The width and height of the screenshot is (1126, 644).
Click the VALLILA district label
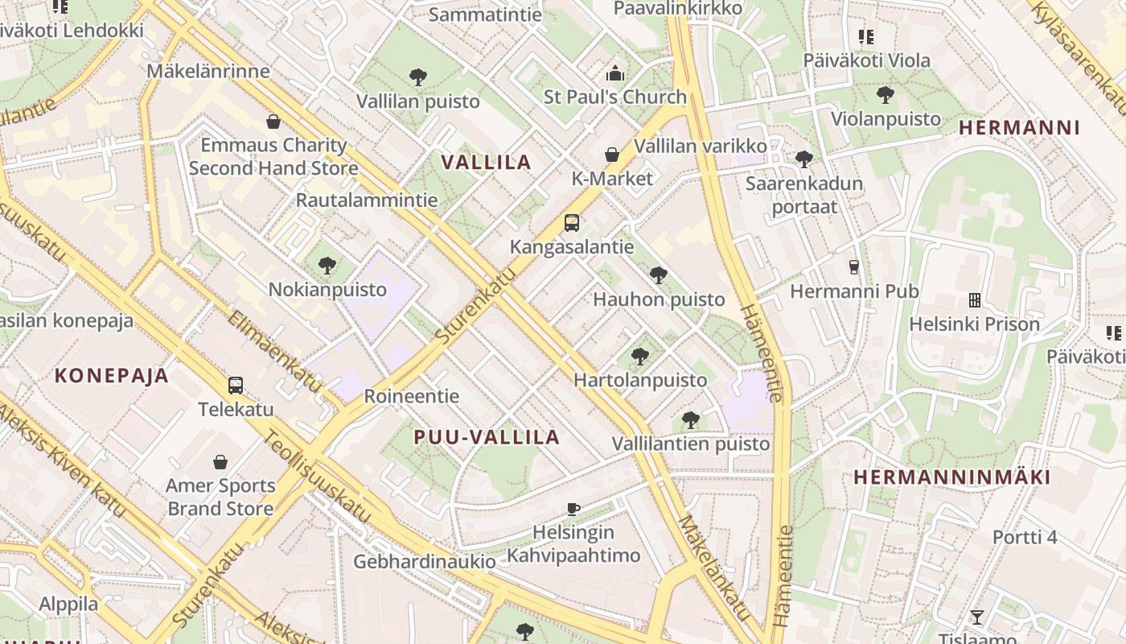click(x=487, y=162)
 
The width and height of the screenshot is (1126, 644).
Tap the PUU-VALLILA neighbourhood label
click(x=487, y=437)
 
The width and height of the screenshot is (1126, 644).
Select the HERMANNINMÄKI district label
click(x=952, y=477)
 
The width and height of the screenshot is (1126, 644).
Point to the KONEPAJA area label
click(x=112, y=375)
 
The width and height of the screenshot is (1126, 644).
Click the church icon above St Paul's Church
click(x=615, y=74)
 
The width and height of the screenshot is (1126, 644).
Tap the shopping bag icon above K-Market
click(x=612, y=155)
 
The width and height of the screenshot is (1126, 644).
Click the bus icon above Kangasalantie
click(x=572, y=223)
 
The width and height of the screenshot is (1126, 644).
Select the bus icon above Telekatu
click(x=236, y=385)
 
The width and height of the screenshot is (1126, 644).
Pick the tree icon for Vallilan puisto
click(x=417, y=77)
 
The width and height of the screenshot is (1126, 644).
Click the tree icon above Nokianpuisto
click(x=327, y=265)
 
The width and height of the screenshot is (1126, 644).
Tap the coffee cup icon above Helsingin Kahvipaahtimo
click(x=573, y=508)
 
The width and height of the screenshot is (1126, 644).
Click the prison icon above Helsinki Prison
click(x=975, y=300)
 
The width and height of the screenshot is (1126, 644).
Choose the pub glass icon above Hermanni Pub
click(x=854, y=266)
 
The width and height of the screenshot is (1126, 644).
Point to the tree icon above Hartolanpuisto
click(x=640, y=356)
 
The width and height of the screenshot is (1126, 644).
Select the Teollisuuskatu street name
click(x=317, y=475)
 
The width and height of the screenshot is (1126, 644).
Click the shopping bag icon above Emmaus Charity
click(x=273, y=122)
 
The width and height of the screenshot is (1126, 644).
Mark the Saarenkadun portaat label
click(x=804, y=195)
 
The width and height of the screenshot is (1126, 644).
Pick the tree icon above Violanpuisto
click(x=886, y=94)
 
